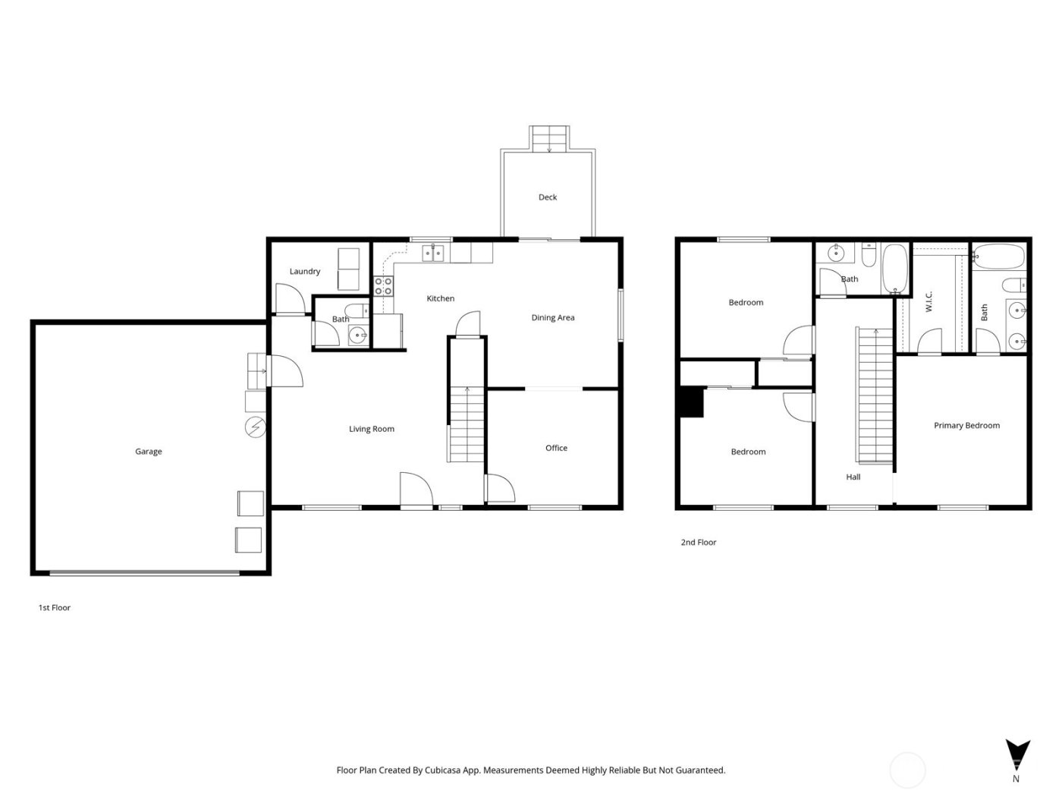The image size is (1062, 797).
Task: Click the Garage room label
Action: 149,452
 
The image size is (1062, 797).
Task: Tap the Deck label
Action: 548,197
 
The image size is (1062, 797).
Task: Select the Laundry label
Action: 305,272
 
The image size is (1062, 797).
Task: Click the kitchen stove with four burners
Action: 384,286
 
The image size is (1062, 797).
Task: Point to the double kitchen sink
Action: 433,253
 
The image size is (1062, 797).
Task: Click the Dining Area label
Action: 553,318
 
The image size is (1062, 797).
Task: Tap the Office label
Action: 556,449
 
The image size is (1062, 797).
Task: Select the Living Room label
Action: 372,430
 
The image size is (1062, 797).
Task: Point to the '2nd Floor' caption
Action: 698,543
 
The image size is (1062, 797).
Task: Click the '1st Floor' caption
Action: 55,608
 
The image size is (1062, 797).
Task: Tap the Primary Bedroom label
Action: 966,426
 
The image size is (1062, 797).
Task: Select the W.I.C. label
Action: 929,301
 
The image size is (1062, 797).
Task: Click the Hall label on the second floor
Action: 853,477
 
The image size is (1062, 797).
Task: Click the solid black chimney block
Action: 692,402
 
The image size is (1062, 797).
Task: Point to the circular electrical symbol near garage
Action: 256,428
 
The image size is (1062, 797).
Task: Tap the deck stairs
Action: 548,139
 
